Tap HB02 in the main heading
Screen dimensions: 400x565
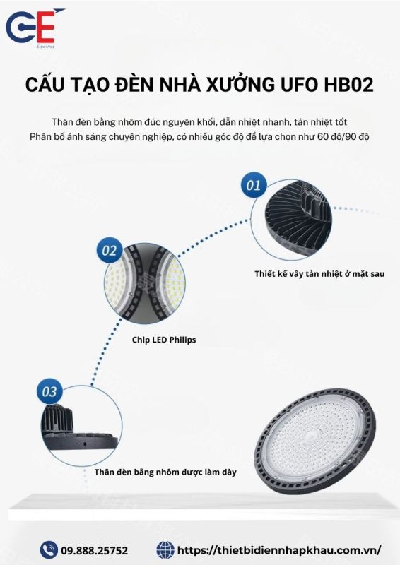click(348, 85)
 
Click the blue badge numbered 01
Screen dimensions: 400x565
click(254, 185)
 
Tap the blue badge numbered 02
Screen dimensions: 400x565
click(110, 250)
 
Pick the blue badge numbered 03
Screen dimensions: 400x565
click(49, 391)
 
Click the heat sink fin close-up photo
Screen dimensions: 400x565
click(291, 219)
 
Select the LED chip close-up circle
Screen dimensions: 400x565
click(145, 283)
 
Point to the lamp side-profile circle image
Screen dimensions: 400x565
click(81, 426)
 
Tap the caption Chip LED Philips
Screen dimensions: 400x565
click(164, 340)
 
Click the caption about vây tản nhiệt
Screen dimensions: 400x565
click(319, 274)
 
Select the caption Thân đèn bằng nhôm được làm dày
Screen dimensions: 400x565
click(165, 472)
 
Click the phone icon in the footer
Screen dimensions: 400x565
click(49, 549)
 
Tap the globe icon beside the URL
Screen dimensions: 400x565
click(165, 550)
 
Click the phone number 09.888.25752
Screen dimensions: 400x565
click(94, 550)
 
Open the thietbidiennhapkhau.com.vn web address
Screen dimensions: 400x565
click(279, 550)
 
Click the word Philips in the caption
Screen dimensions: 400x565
click(182, 340)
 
